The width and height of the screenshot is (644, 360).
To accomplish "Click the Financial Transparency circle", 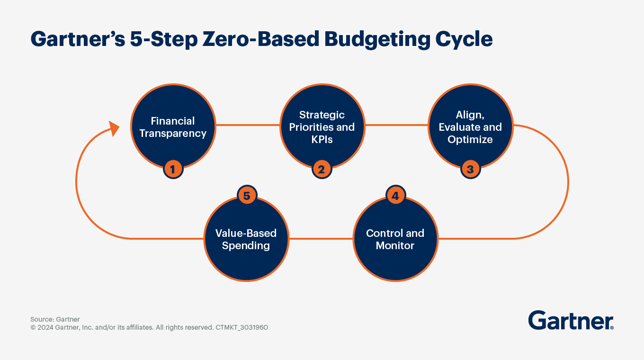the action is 173,126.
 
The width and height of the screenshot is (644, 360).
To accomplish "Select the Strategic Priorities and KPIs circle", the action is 322,126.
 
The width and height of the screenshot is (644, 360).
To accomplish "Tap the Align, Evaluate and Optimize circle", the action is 471,126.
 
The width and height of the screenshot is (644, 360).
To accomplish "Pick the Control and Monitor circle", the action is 395,239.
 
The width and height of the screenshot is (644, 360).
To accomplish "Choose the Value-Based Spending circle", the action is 246,239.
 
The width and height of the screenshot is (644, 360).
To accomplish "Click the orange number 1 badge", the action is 173,169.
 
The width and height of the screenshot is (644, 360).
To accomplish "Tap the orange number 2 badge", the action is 322,169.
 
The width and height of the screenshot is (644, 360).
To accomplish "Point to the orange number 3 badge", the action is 471,169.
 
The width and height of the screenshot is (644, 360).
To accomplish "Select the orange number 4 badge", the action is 395,196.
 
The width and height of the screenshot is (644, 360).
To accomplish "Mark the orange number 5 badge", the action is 247,196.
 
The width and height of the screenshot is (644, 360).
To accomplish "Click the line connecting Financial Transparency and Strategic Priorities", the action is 248,125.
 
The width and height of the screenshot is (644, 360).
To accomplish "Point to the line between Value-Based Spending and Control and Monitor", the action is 321,238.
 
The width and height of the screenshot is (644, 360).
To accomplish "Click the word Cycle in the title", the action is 464,39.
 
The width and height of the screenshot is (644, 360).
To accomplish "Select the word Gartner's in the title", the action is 78,39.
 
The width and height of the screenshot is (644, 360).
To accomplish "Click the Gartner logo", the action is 571,320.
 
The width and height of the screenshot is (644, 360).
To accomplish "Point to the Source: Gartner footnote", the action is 55,319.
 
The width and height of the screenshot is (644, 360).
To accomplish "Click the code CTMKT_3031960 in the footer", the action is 242,327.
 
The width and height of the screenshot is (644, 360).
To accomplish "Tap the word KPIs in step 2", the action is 322,139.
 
